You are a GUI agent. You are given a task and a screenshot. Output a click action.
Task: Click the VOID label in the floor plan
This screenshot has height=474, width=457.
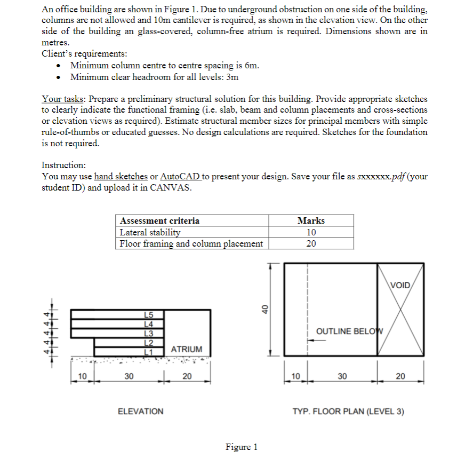(400, 285)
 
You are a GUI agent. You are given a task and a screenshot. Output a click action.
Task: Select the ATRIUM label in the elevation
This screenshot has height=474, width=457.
(186, 349)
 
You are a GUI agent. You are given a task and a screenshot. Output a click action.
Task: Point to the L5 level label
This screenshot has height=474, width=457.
(149, 315)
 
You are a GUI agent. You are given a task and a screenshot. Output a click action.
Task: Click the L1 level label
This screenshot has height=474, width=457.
(149, 351)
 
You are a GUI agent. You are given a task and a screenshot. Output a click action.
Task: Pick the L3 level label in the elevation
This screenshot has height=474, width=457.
(149, 333)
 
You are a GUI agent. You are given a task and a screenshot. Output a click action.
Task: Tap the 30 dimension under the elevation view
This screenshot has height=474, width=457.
(129, 376)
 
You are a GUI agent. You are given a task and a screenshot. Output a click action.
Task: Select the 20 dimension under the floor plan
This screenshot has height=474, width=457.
(400, 376)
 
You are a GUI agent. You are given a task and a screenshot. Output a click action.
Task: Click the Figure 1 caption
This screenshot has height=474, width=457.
(242, 447)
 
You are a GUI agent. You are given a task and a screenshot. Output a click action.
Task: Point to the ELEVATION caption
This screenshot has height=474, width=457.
(140, 412)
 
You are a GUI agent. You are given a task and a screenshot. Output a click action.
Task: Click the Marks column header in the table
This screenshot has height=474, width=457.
(311, 220)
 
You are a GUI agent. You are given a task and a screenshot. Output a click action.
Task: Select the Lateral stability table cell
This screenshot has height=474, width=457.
(150, 232)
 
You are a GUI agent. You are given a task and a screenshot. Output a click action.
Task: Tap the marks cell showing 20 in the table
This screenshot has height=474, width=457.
(311, 243)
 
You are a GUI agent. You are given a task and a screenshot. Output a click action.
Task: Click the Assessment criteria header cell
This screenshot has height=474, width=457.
(160, 220)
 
